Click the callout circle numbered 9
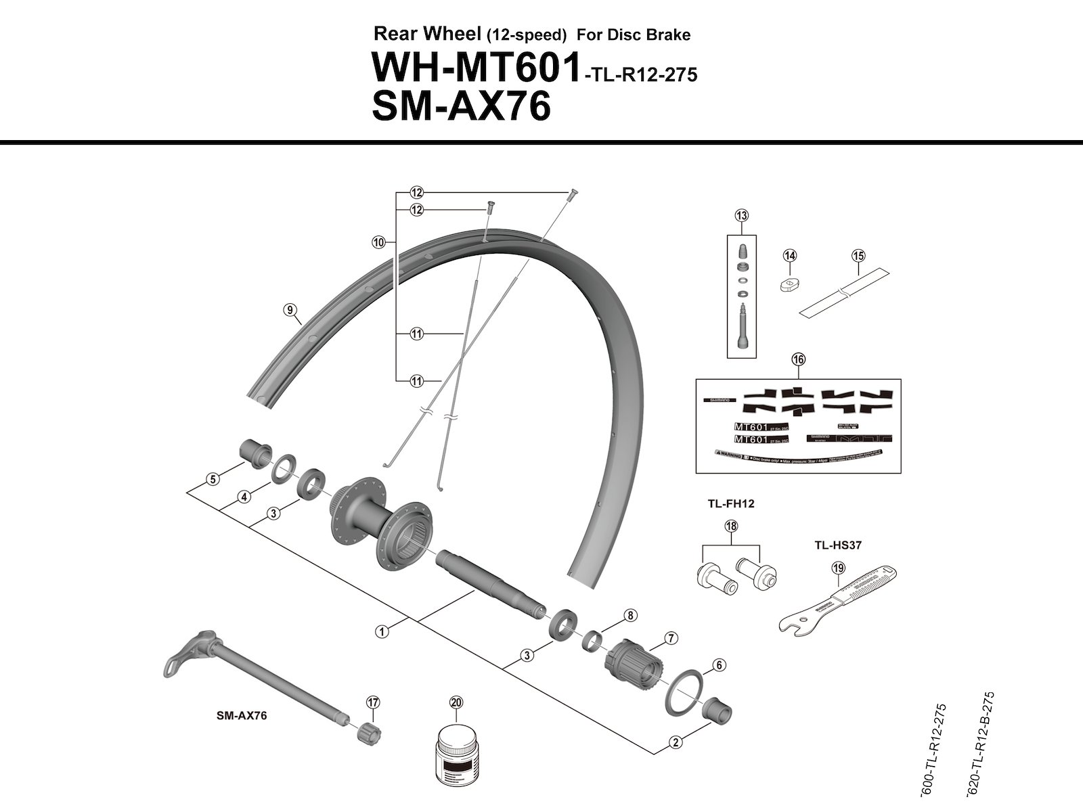[x=290, y=310]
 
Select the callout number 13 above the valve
[x=742, y=216]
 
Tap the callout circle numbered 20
[x=456, y=702]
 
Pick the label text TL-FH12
[x=730, y=503]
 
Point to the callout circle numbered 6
[x=719, y=665]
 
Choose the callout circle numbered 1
[x=382, y=631]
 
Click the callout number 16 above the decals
[x=799, y=359]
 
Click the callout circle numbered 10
[x=378, y=242]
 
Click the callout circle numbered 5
[x=213, y=479]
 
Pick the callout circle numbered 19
[x=839, y=568]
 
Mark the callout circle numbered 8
[x=630, y=616]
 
